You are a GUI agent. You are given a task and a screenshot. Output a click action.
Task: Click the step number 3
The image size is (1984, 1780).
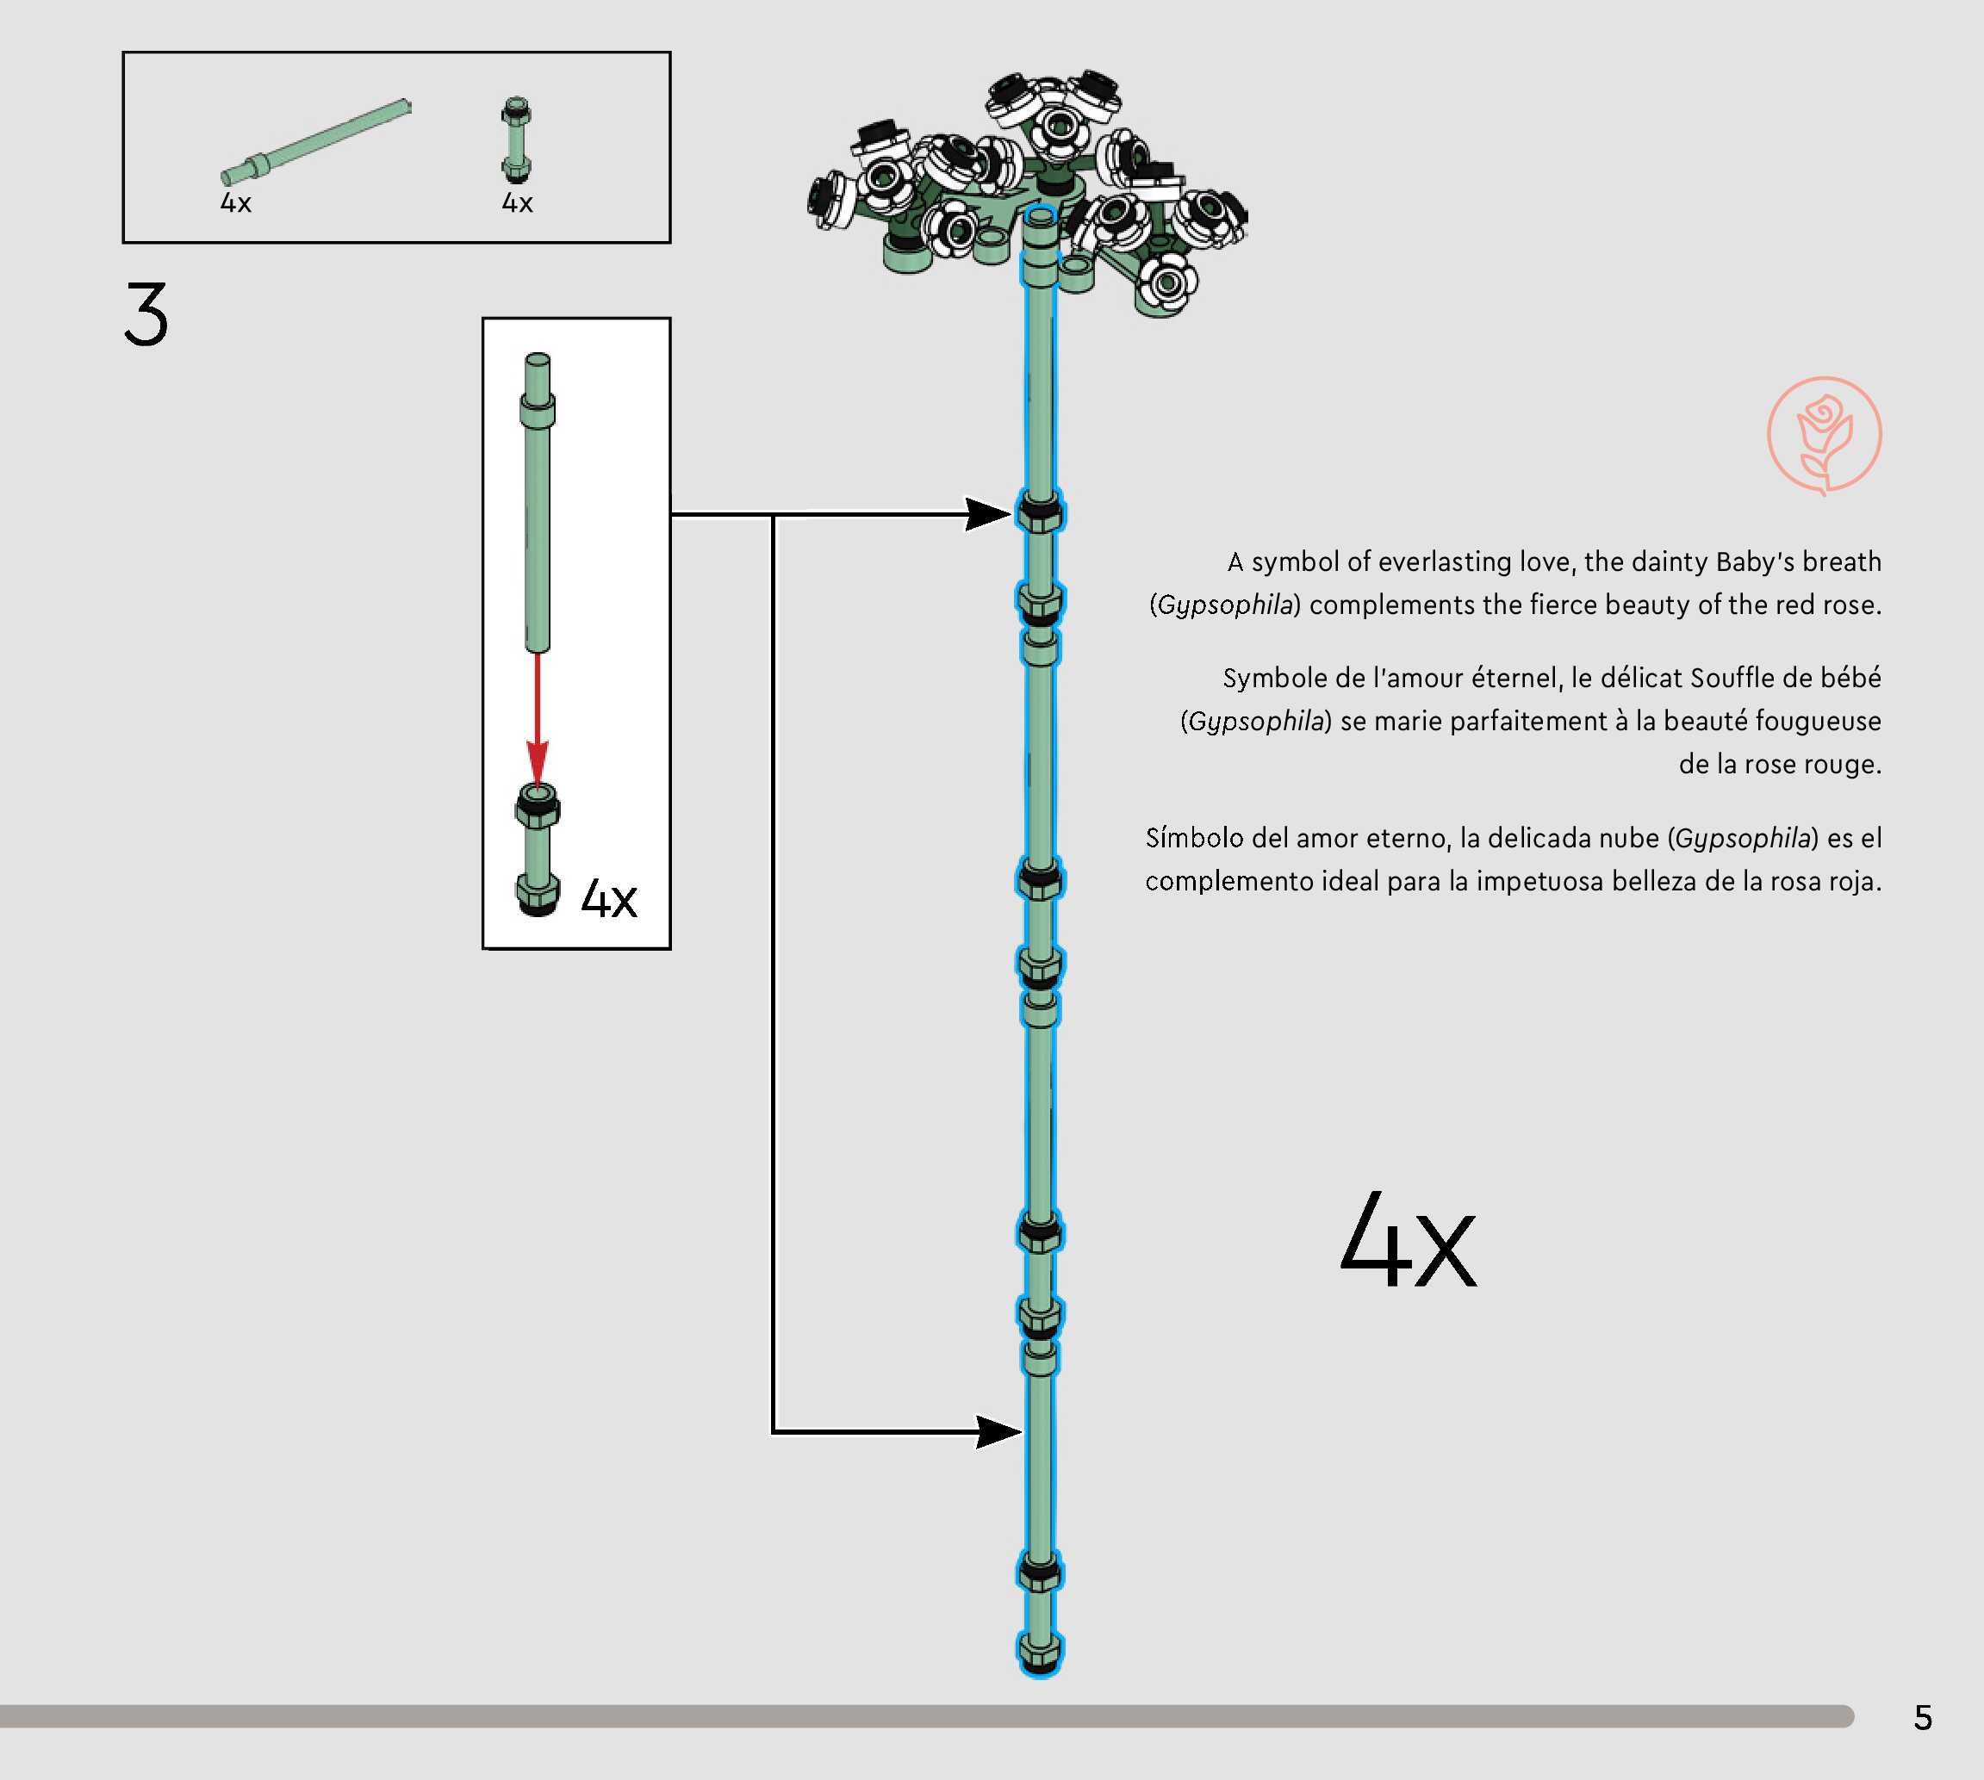click(146, 314)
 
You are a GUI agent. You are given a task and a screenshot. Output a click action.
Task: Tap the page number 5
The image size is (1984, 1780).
click(1922, 1717)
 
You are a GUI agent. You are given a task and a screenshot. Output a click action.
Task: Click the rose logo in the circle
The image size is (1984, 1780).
click(1824, 435)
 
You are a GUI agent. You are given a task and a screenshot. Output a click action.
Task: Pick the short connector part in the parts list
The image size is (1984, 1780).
click(517, 140)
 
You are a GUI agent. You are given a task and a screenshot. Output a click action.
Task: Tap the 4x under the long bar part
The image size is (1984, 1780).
click(236, 203)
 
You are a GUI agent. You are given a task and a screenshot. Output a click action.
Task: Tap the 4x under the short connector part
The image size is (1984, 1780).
click(518, 203)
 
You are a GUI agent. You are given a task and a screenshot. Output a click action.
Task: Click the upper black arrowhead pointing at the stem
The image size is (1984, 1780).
click(988, 513)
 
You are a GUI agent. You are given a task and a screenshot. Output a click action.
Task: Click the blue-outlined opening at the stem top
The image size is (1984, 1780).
click(1041, 214)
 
